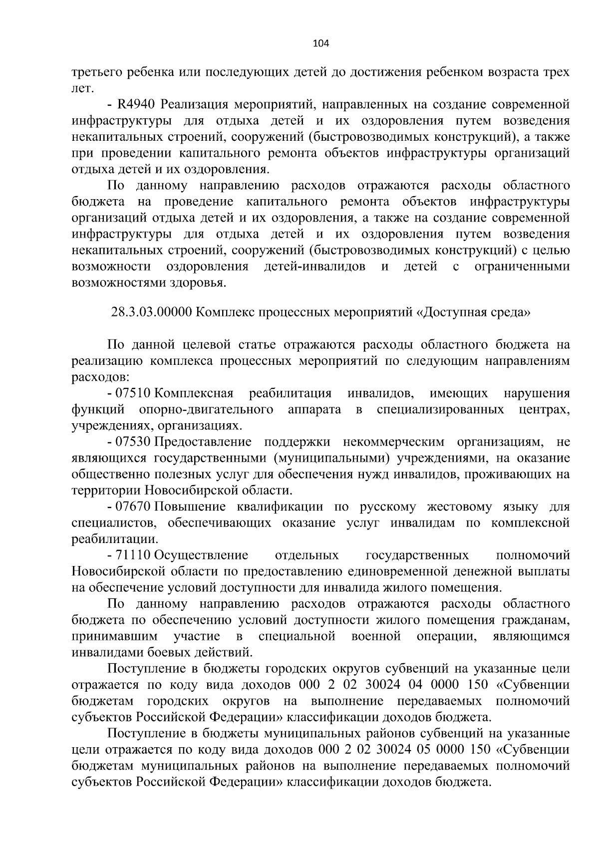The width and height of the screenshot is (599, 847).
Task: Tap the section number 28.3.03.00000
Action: click(x=151, y=313)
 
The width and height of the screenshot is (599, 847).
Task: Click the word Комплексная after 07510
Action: click(x=194, y=394)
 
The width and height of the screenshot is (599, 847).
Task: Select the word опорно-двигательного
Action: click(x=206, y=410)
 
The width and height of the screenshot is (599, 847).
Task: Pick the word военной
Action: click(x=376, y=636)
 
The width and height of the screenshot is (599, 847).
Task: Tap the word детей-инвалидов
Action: click(x=314, y=267)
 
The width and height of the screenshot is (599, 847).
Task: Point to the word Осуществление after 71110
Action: click(x=201, y=556)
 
